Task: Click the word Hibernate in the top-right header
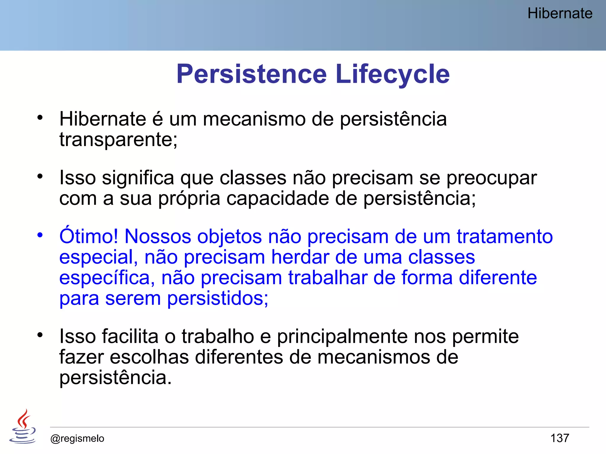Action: click(x=560, y=14)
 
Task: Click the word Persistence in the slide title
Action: click(x=252, y=74)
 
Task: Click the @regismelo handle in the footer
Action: click(x=77, y=438)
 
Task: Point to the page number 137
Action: click(x=560, y=438)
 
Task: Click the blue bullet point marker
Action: click(x=40, y=235)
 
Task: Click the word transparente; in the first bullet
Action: click(x=118, y=140)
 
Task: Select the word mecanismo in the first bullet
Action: click(x=254, y=119)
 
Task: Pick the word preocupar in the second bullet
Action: click(x=491, y=178)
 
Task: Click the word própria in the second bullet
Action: click(x=189, y=199)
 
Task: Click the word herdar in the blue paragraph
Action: click(x=300, y=257)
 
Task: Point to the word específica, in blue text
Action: click(x=107, y=278)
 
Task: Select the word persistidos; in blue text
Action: click(x=217, y=299)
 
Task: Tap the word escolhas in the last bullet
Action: click(x=149, y=357)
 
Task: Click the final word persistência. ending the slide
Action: click(x=115, y=378)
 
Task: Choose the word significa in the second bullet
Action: click(x=138, y=178)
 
